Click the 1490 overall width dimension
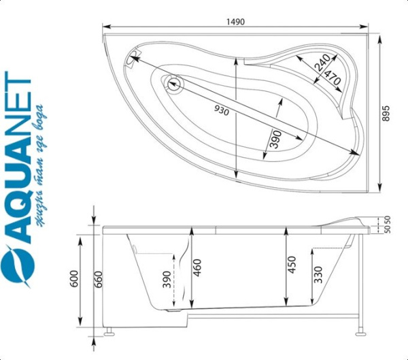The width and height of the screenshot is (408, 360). [x=235, y=22]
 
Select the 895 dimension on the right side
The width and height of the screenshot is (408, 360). [x=386, y=114]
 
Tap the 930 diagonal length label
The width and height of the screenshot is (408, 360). [x=222, y=111]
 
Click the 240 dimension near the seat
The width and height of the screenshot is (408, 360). [x=322, y=63]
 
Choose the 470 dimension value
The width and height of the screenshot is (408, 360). [x=333, y=78]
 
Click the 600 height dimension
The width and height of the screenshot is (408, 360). [x=74, y=278]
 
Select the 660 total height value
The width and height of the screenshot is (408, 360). [x=99, y=279]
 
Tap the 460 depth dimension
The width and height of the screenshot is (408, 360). [x=197, y=267]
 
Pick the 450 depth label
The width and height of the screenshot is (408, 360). [x=292, y=265]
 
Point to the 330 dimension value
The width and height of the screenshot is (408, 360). [x=318, y=274]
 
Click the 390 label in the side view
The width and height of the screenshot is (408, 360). [x=167, y=280]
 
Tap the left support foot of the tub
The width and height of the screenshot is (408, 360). [x=108, y=332]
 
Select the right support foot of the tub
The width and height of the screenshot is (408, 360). [x=361, y=331]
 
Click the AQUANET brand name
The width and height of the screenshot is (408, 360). [x=18, y=158]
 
